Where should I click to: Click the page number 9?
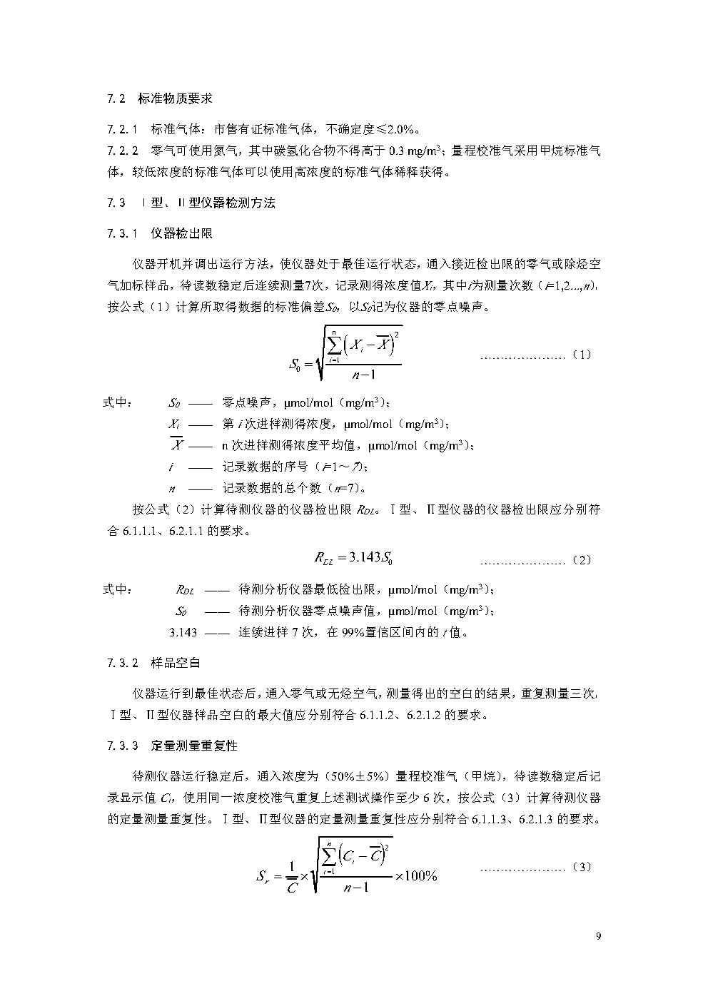(x=598, y=937)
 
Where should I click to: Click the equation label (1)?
(x=582, y=355)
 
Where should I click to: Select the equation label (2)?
(x=582, y=560)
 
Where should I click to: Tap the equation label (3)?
(x=582, y=868)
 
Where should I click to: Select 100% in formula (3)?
(x=421, y=876)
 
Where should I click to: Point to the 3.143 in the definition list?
(x=183, y=632)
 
